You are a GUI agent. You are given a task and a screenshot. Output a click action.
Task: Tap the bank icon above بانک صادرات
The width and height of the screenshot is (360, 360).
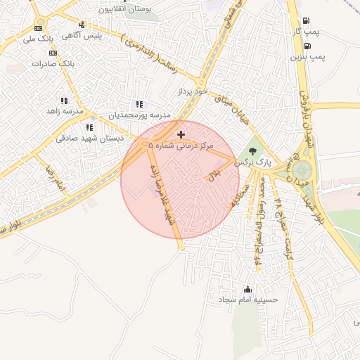coord(53,53)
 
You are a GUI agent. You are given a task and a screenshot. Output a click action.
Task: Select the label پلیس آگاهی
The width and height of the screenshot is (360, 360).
coord(82,34)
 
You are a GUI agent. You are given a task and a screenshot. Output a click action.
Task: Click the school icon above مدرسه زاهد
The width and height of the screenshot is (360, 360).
coord(64,101)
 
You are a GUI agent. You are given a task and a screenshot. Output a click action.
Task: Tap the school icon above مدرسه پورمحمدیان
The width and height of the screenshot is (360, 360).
coord(139,104)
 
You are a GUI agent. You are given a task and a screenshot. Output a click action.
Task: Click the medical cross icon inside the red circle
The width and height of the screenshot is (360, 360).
coord(181,134)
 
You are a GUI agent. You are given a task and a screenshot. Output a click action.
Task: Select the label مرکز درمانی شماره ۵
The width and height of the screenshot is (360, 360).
coord(181,145)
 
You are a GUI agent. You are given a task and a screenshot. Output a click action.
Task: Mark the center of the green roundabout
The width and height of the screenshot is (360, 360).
coord(302,170)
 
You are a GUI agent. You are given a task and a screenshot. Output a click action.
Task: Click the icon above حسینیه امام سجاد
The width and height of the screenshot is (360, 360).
coord(247,289)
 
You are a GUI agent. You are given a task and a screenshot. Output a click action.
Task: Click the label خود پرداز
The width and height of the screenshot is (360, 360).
coord(193,91)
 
